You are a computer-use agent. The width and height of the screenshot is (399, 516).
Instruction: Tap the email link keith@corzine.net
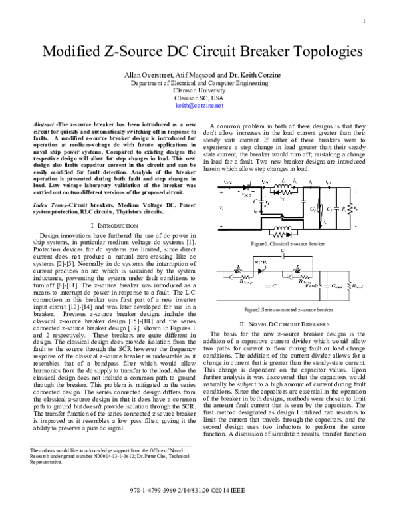199,105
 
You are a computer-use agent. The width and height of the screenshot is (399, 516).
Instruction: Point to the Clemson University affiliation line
199,91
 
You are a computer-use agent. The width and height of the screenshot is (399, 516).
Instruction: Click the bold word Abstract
43,126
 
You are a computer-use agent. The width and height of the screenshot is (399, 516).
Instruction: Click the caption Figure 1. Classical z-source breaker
287,244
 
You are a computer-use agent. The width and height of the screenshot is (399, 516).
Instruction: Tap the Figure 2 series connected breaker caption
287,309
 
